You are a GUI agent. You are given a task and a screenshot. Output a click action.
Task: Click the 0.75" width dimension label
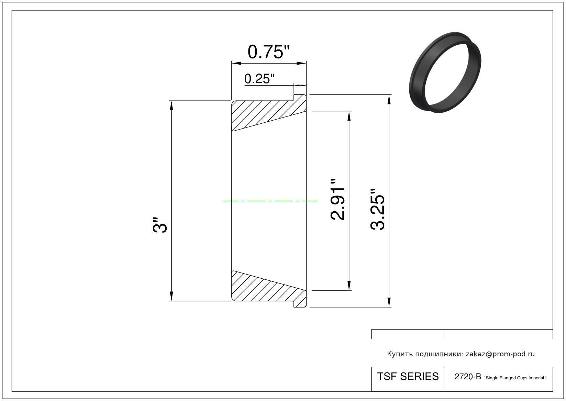point(268,52)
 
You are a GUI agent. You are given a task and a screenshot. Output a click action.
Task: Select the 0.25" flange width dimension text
point(259,79)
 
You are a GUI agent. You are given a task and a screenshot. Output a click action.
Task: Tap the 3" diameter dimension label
point(160,224)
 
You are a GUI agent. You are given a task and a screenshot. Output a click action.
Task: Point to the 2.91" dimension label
point(337,200)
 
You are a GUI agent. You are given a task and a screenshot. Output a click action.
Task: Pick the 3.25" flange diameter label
point(377,209)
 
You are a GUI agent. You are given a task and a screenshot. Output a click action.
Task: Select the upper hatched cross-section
point(269,113)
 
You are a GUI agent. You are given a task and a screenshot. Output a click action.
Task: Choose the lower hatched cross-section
point(269,289)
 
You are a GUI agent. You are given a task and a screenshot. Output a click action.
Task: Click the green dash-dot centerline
point(270,201)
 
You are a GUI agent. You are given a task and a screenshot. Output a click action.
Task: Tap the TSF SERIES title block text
point(408,376)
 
